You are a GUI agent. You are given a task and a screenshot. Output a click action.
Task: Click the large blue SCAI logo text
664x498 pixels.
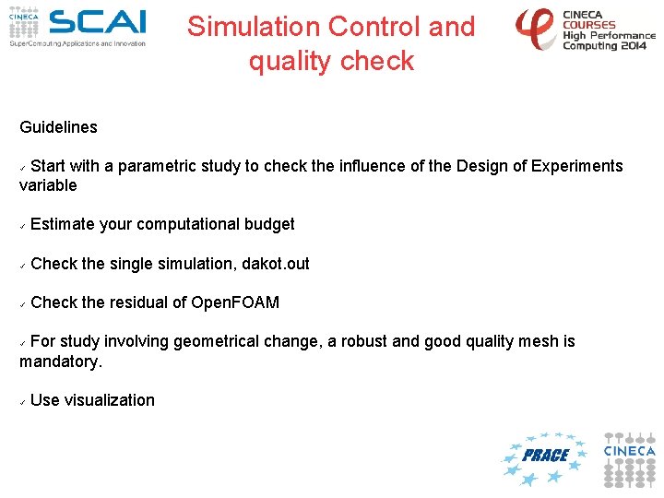click(98, 22)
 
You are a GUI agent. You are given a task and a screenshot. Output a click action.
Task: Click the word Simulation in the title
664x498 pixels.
click(254, 26)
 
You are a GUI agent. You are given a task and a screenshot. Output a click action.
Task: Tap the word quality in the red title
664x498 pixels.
click(290, 62)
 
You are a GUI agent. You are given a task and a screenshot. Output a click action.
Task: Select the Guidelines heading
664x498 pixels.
click(58, 127)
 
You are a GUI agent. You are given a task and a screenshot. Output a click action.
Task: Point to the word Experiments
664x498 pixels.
click(576, 166)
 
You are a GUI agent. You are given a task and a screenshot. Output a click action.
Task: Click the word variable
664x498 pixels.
click(48, 185)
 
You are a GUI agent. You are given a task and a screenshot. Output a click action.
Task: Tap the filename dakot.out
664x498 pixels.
click(275, 264)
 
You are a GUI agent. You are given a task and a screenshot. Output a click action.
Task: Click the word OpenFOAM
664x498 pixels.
click(235, 302)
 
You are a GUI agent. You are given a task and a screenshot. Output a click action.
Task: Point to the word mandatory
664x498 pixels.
click(61, 362)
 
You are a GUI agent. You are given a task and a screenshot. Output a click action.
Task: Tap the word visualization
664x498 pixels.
click(109, 400)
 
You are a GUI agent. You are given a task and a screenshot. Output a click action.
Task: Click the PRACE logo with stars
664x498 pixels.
click(545, 458)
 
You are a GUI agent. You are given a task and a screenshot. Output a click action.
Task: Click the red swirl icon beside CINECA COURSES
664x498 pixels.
click(535, 28)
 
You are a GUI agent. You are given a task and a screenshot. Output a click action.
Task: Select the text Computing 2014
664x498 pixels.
click(604, 46)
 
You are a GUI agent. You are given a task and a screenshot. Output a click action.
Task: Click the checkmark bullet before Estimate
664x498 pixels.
click(22, 227)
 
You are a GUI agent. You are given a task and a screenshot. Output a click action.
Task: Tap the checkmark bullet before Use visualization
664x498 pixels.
click(22, 402)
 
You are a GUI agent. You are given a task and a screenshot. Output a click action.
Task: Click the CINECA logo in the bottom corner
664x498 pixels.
click(629, 459)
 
